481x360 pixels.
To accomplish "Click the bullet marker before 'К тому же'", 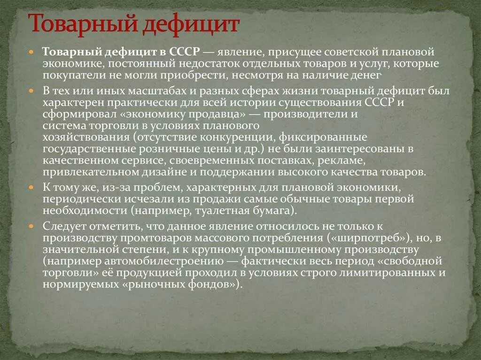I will point(31,188).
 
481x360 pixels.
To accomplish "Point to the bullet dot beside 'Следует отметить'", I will point(31,225).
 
